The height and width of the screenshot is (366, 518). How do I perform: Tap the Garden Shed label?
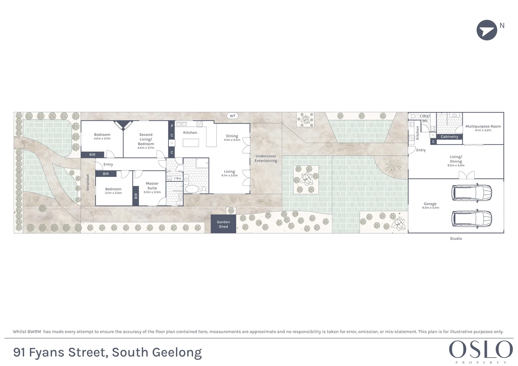223,224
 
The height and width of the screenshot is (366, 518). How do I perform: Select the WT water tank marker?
233,116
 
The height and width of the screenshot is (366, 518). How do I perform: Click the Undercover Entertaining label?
266,159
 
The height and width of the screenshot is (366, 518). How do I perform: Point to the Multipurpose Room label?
483,126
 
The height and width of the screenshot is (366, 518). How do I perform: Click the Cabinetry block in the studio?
449,137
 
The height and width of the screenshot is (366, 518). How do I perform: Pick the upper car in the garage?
472,192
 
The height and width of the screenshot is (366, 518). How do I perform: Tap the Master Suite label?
152,186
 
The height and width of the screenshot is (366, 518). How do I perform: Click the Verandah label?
88,182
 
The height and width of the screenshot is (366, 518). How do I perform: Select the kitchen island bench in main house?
191,143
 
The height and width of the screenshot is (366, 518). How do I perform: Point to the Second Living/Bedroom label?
146,139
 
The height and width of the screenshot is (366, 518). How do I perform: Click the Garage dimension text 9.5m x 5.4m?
431,208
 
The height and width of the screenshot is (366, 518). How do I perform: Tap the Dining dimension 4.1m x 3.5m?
232,140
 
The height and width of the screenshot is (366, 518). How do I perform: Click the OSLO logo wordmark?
481,349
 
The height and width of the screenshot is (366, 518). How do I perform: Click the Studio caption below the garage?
456,239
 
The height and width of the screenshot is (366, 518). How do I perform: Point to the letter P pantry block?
172,126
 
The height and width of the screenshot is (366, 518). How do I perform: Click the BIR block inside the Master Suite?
136,196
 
